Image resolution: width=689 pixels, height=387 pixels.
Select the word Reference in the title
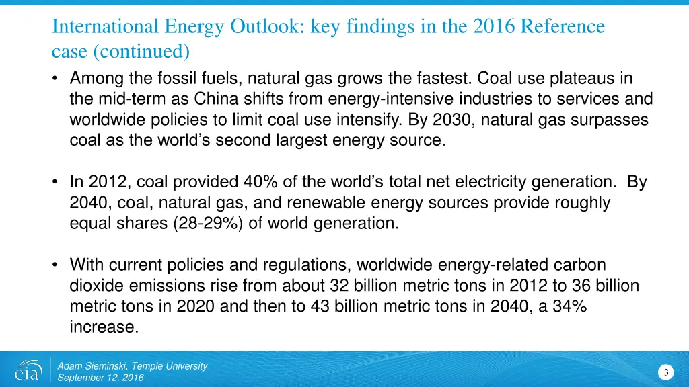coord(563,27)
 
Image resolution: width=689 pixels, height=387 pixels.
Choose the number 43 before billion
coord(319,306)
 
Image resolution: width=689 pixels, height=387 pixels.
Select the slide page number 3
coord(665,373)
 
